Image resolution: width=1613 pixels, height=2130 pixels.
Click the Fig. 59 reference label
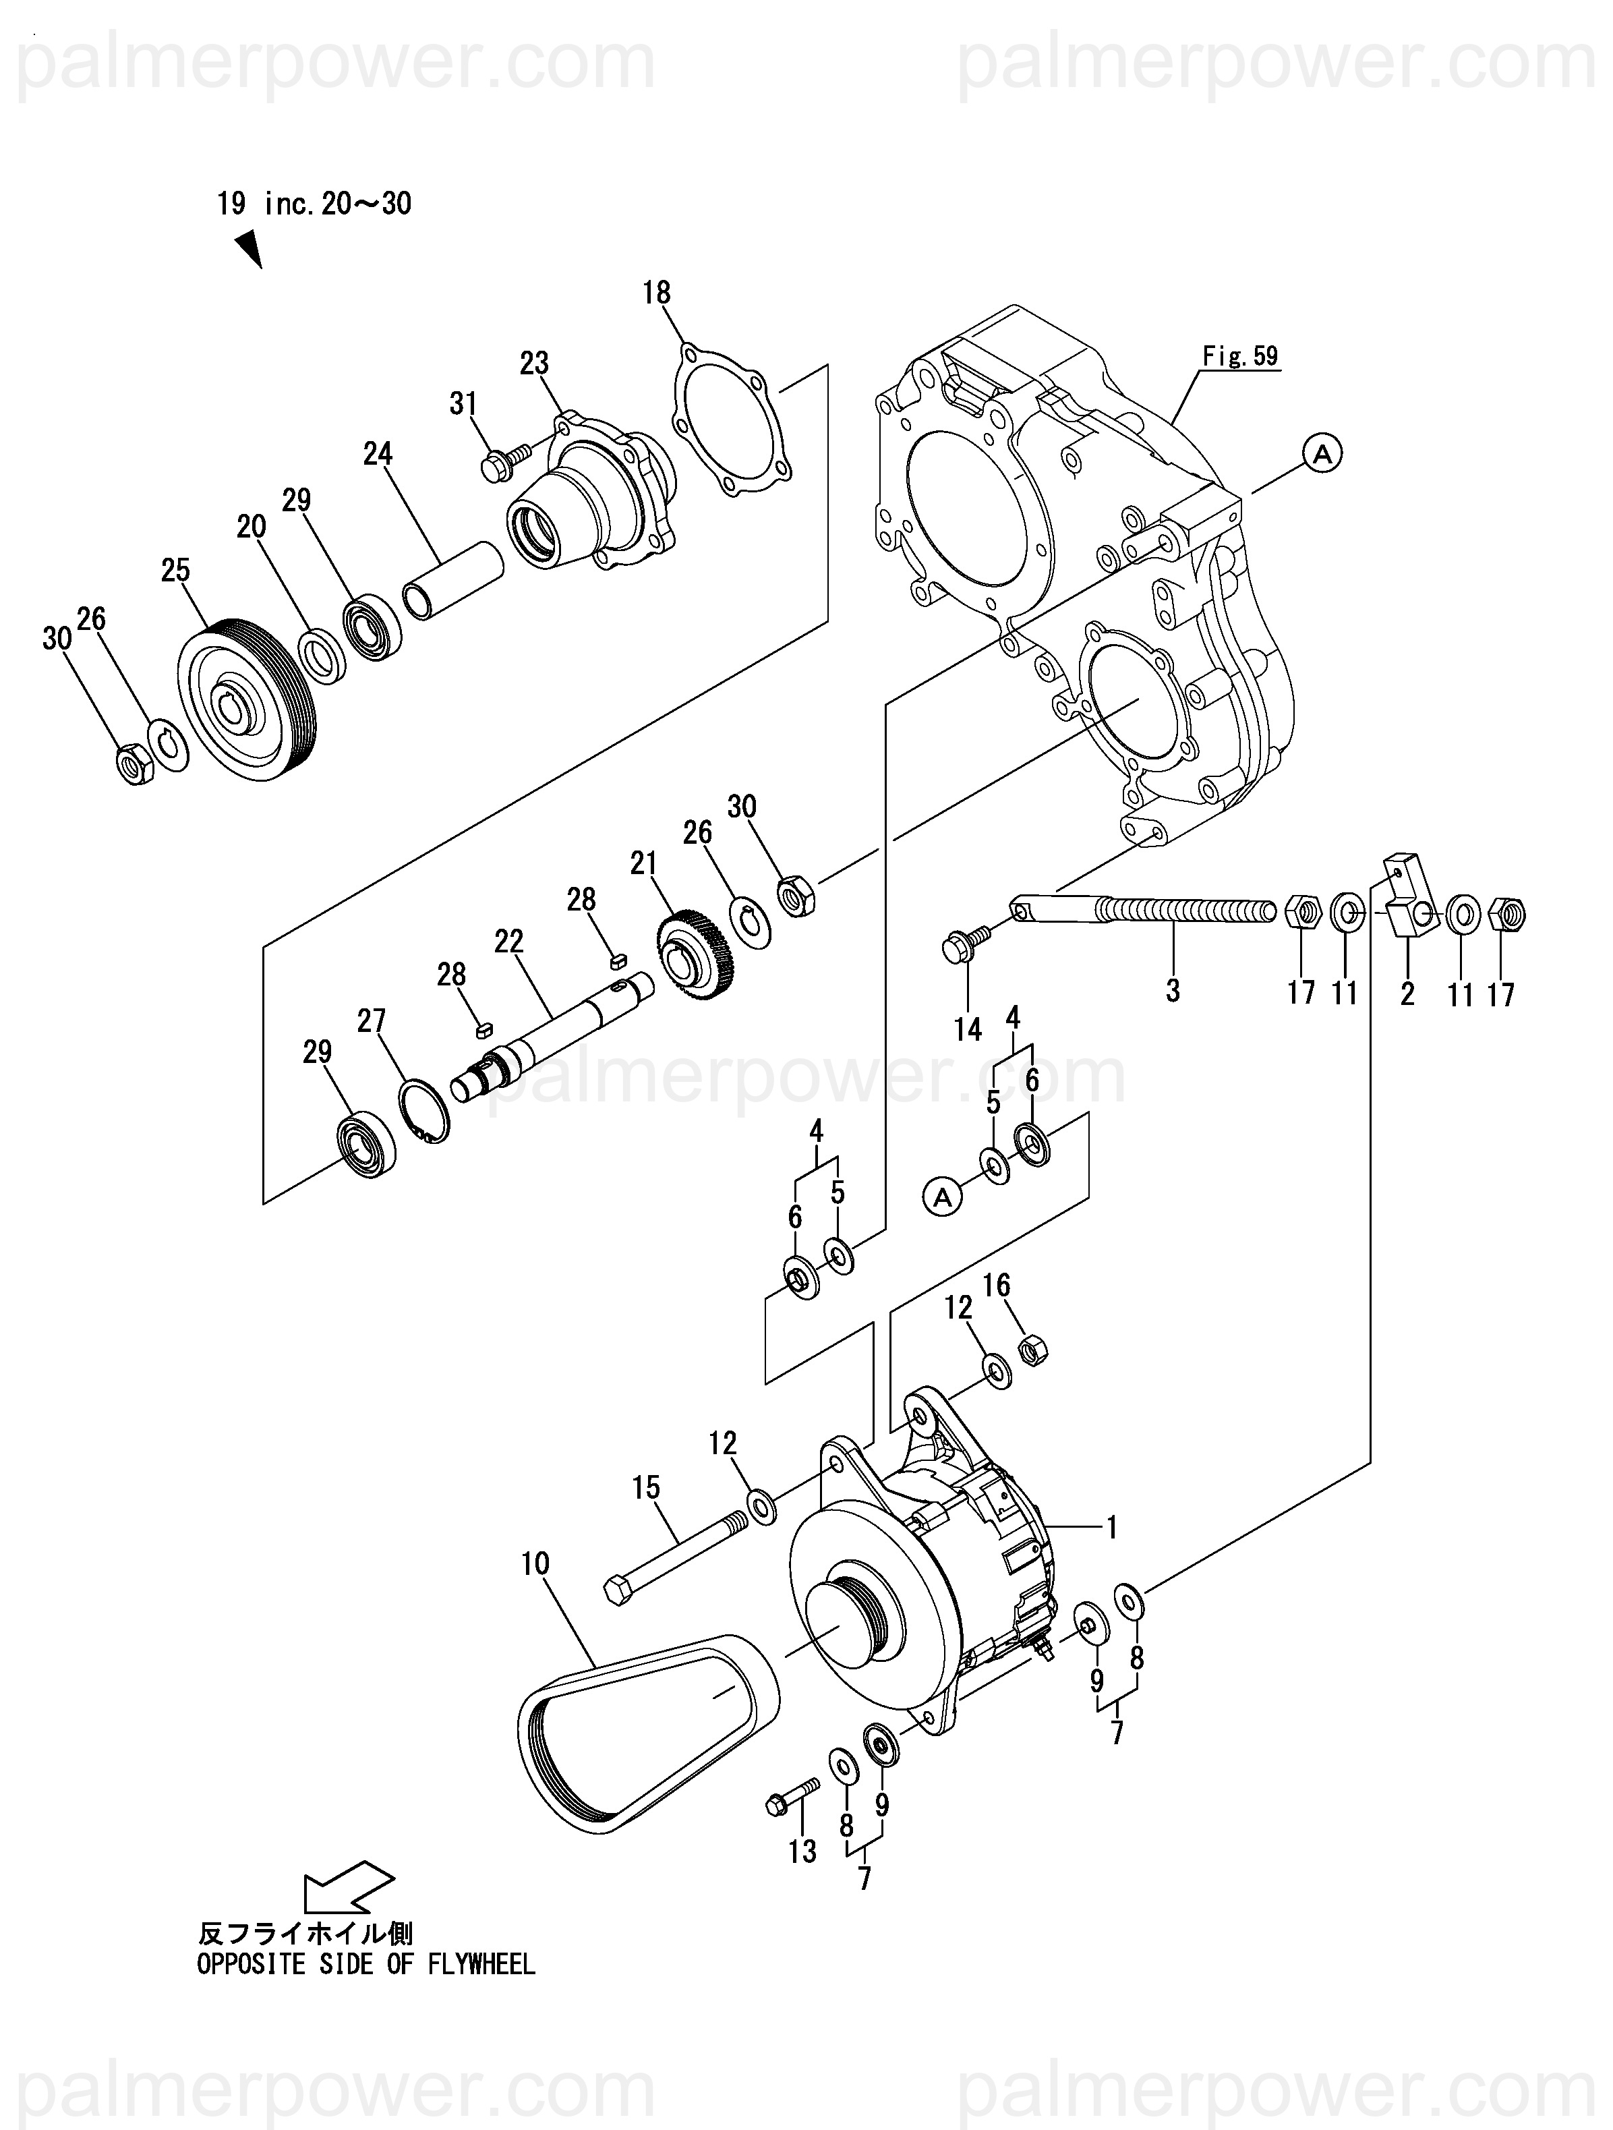coord(1240,356)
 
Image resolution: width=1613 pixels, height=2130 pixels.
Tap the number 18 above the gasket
coord(657,293)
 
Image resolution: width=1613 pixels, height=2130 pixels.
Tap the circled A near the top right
coord(1322,452)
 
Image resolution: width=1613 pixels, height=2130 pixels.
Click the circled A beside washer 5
coord(943,1197)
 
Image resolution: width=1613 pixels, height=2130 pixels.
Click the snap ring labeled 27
coord(423,1113)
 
